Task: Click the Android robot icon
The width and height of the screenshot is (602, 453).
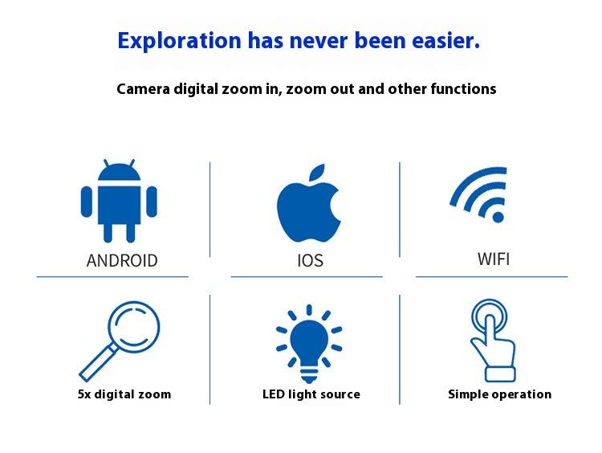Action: click(119, 201)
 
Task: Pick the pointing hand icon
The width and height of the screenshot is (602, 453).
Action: click(491, 341)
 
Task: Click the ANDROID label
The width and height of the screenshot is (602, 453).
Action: click(122, 260)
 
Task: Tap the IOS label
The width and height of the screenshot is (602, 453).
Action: click(310, 261)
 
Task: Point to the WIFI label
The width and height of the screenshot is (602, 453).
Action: click(494, 259)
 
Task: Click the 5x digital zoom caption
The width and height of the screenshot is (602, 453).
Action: click(124, 394)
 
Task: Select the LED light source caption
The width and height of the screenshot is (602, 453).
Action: click(311, 394)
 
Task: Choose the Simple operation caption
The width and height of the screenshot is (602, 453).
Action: click(499, 394)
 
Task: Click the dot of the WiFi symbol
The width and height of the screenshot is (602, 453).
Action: click(498, 216)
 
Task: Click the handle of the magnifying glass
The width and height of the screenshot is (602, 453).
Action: click(93, 366)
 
